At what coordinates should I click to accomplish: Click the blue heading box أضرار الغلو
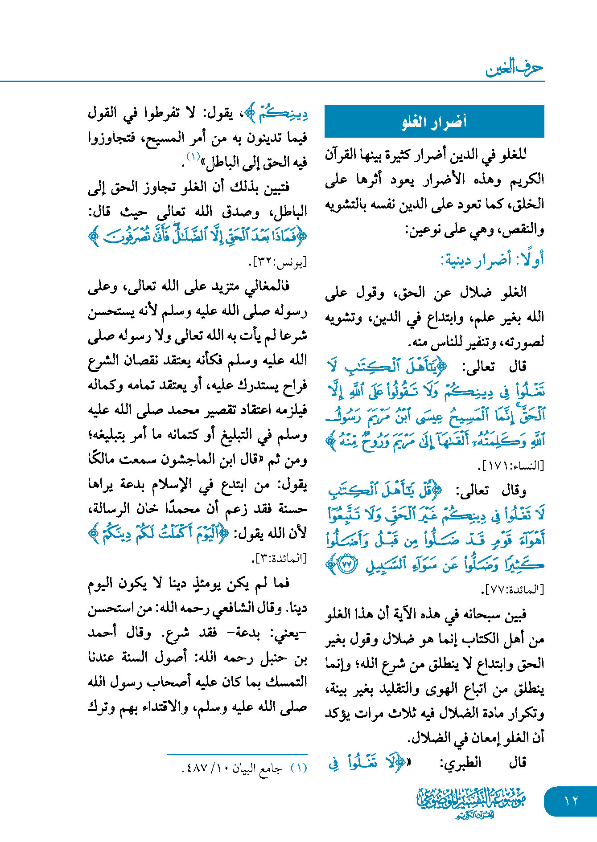(434, 121)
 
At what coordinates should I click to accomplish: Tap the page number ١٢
(571, 801)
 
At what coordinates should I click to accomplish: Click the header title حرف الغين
(514, 68)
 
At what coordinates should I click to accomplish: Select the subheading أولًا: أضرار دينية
(492, 259)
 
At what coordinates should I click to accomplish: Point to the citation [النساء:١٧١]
(511, 466)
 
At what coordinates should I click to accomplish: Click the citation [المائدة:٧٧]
(513, 590)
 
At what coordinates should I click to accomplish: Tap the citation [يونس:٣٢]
(278, 263)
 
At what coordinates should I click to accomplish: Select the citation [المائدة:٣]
(280, 558)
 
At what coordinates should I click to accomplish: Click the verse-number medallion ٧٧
(346, 564)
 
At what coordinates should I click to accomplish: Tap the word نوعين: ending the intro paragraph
(421, 230)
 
